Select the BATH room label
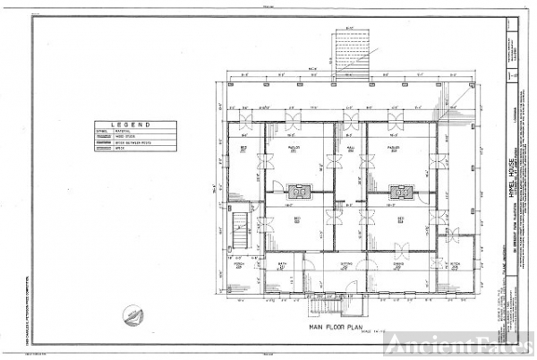tap(281, 265)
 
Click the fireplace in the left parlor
tap(301, 190)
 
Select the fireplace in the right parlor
tap(400, 190)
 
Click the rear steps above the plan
tap(347, 50)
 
